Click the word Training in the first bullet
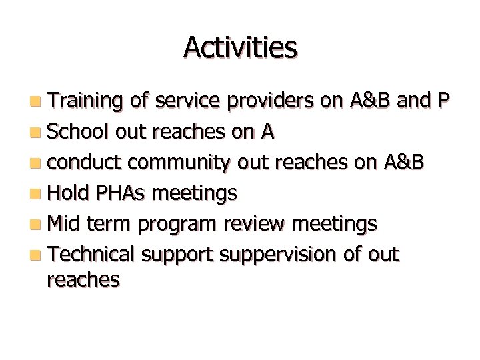(85, 101)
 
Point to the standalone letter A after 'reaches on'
(267, 132)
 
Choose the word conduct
(85, 163)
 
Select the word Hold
(70, 193)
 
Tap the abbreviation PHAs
(123, 193)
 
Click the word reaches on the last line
(83, 279)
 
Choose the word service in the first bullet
(188, 101)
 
